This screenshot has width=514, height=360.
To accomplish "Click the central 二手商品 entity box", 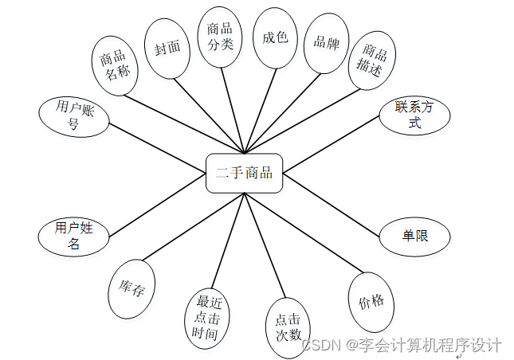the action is [244, 173].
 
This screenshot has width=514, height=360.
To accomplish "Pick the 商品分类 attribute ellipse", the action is [220, 36].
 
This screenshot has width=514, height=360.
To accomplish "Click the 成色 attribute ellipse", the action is [275, 37].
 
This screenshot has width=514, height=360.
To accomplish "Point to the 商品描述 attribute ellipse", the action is [372, 61].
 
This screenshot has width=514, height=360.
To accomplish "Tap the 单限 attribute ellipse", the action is [414, 237].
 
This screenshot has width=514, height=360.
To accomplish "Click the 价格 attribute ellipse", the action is [371, 302].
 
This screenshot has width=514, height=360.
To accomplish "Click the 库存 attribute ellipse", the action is [131, 288].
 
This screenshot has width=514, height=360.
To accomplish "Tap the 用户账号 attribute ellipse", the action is [73, 115].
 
